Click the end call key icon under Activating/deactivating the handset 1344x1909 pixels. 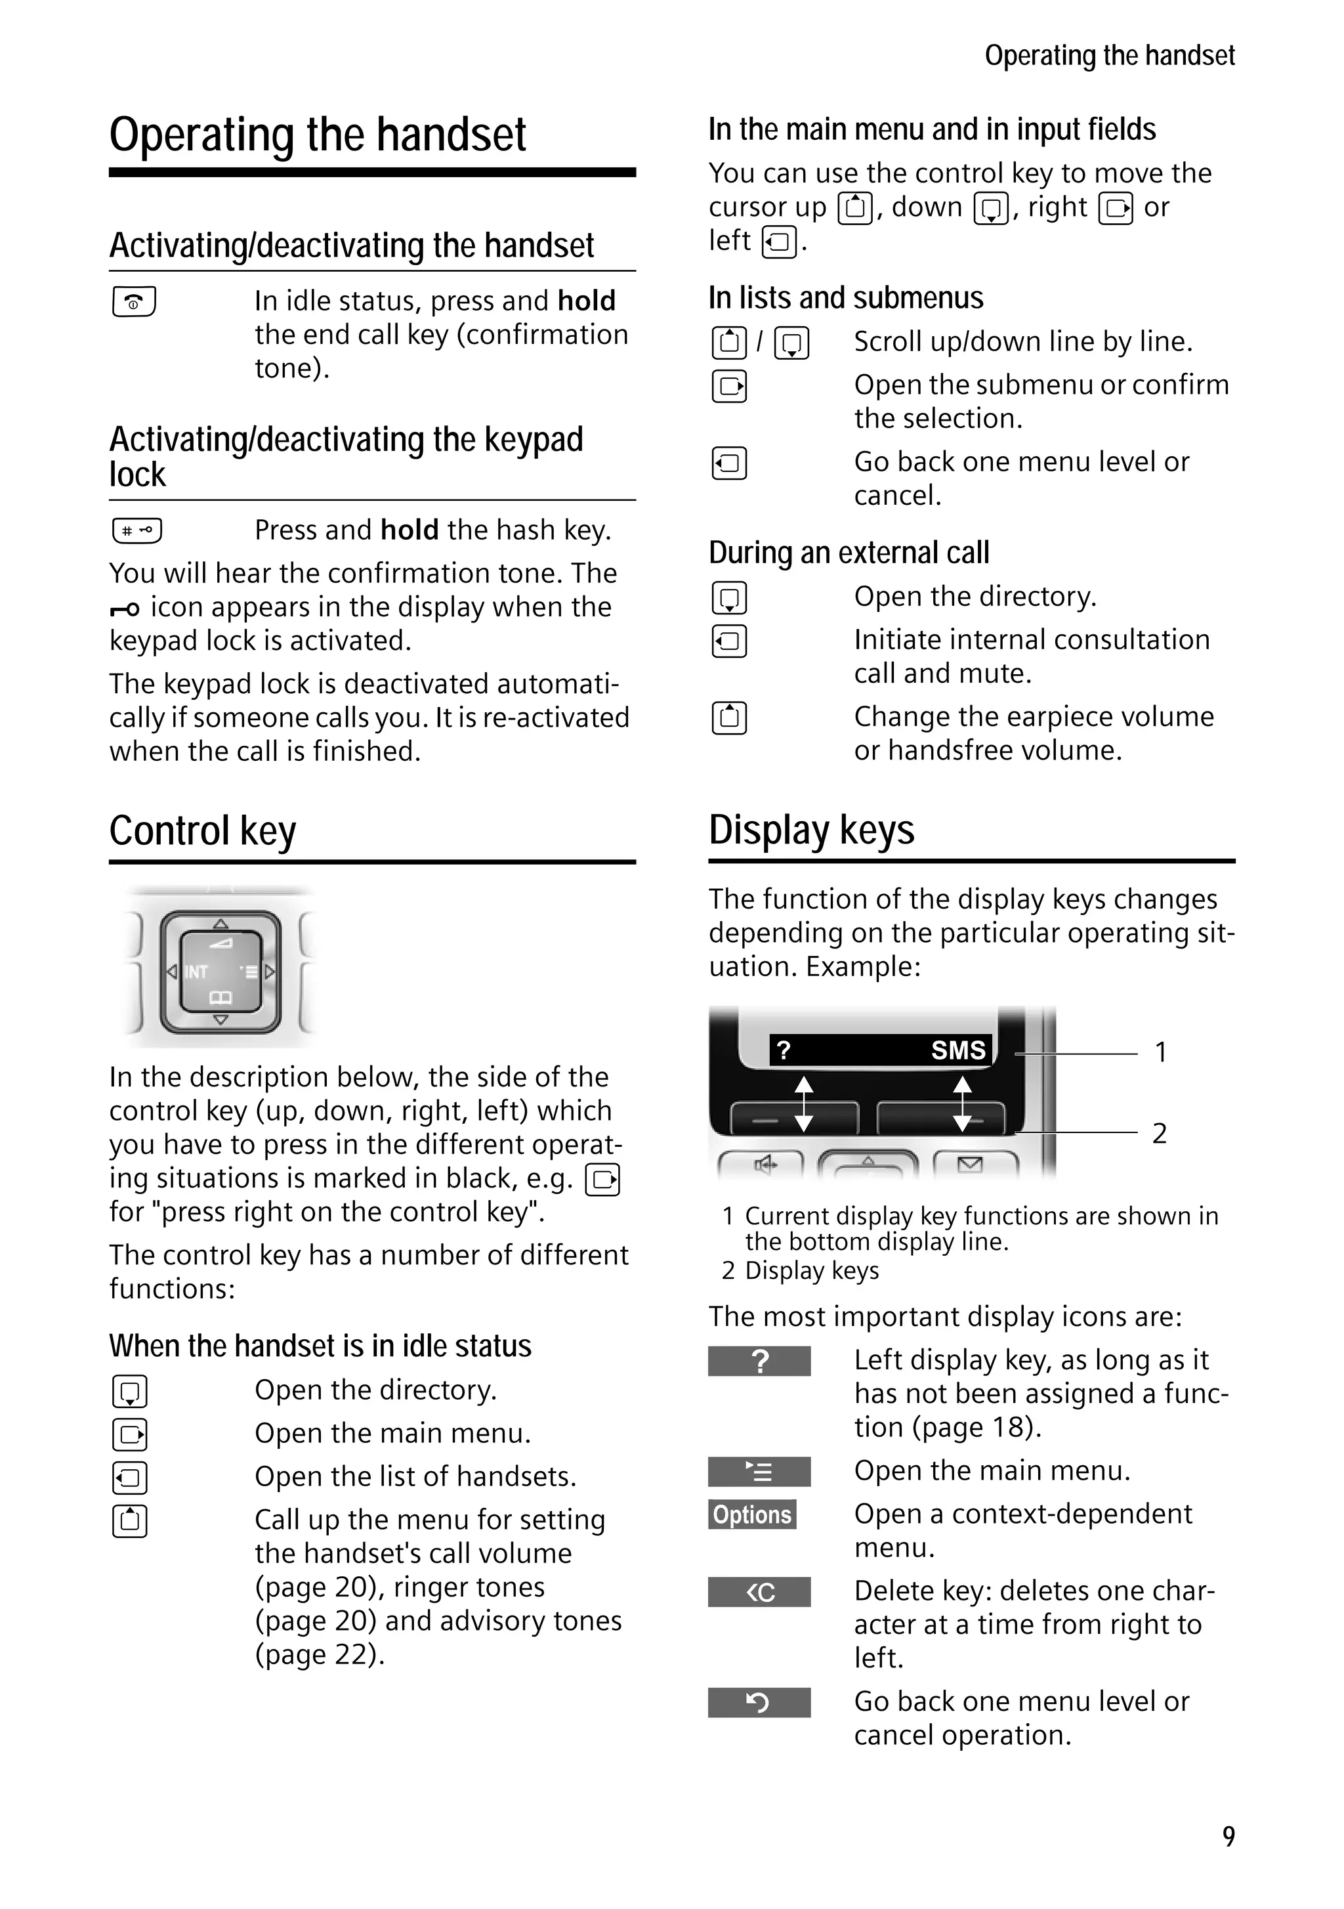pos(134,302)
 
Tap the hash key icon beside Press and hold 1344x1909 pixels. pos(137,530)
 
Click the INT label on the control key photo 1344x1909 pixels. pos(196,972)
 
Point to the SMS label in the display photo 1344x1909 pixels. pos(957,1050)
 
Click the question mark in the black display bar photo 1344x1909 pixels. pos(783,1050)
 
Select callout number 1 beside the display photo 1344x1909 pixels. pos(1160,1052)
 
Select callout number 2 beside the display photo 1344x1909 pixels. pos(1160,1133)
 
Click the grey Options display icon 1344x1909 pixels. pos(752,1515)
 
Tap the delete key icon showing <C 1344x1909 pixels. pos(759,1592)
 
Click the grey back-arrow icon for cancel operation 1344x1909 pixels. pos(759,1703)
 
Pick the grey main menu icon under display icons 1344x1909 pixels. pos(759,1472)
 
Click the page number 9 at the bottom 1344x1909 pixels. pos(1228,1837)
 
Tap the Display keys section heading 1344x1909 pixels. pos(811,830)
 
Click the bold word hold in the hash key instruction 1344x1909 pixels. pos(409,530)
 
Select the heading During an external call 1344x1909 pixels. pos(849,552)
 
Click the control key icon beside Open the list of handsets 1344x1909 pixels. pos(130,1478)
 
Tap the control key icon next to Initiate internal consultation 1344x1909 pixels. pos(729,641)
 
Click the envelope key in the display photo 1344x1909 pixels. pos(969,1165)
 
